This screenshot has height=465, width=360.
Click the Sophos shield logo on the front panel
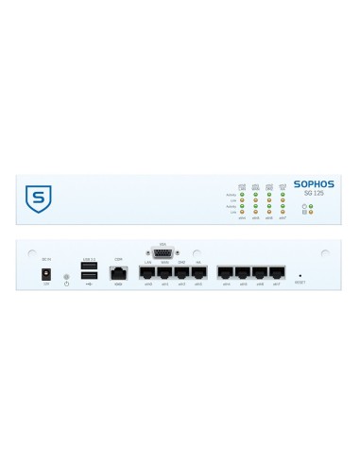(x=38, y=199)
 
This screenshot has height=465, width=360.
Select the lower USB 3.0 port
(x=90, y=276)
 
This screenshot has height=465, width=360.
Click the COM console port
(x=119, y=272)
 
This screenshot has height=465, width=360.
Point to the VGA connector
(x=163, y=253)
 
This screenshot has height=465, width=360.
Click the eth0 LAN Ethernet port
(x=148, y=273)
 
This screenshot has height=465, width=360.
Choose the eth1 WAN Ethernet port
(x=165, y=273)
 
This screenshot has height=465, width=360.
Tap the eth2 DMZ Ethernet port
(x=182, y=273)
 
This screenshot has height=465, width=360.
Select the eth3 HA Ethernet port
(x=198, y=273)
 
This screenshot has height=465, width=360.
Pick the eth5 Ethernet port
(x=243, y=273)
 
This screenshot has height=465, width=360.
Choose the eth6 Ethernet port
(x=260, y=273)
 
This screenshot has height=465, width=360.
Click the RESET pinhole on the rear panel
(x=300, y=275)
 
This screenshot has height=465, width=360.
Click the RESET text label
(x=300, y=283)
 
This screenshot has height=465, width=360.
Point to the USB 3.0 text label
(x=90, y=258)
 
